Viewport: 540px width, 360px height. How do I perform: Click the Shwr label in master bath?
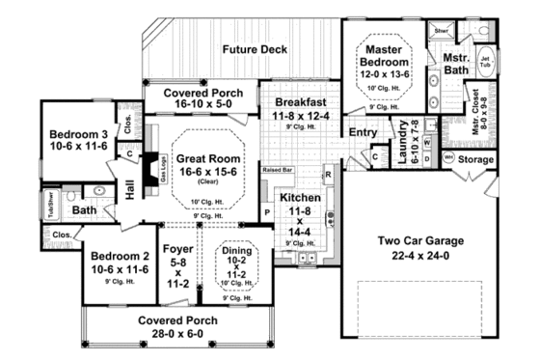point(443,30)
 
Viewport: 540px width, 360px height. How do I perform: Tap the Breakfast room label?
point(302,100)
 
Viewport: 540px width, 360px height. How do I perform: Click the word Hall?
point(130,179)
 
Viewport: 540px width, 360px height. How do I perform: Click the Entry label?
point(363,132)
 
